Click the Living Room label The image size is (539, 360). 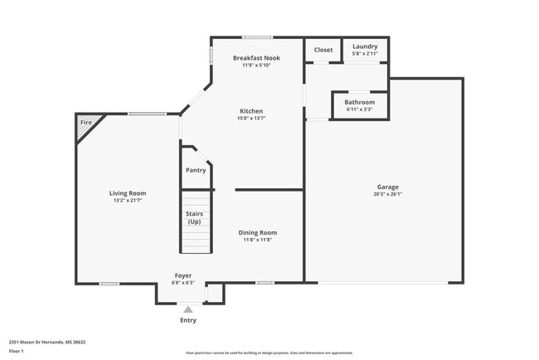128,193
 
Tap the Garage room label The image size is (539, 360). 388,187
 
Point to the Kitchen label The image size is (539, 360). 251,111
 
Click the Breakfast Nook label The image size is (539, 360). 256,58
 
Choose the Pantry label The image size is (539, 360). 196,170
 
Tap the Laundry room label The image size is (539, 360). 365,47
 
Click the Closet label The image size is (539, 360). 323,50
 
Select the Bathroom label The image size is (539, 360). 359,102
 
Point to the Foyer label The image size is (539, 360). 183,275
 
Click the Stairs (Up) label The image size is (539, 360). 194,218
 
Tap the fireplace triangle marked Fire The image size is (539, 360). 85,123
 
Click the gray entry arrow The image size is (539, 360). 188,309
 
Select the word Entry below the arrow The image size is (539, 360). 188,320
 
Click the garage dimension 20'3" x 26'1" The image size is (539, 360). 388,195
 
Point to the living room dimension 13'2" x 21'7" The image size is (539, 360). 128,201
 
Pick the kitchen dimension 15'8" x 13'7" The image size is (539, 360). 251,119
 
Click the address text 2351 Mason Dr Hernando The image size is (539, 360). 47,342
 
